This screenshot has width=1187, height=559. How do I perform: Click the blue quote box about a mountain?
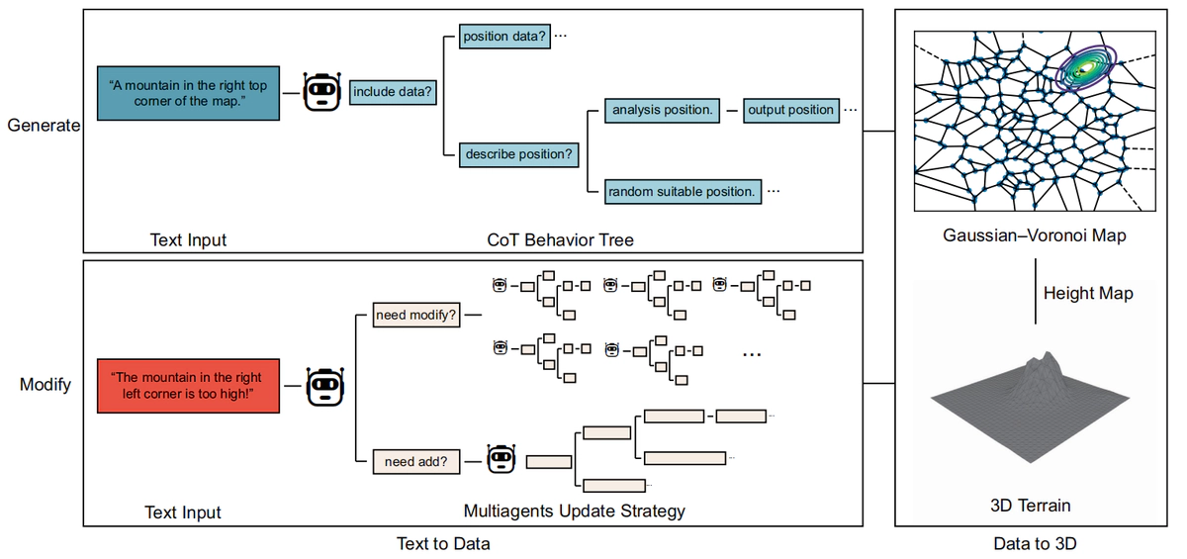188,94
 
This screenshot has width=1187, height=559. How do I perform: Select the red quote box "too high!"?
187,386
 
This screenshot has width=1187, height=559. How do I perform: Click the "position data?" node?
503,37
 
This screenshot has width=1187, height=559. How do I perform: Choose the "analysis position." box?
662,110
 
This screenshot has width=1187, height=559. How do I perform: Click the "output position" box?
790,110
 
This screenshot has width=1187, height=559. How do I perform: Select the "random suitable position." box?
683,191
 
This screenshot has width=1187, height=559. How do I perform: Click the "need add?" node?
415,461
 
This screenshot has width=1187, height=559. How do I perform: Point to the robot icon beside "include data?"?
320,93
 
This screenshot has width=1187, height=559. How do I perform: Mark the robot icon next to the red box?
324,386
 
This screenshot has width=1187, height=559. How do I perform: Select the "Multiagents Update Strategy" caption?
575,512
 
